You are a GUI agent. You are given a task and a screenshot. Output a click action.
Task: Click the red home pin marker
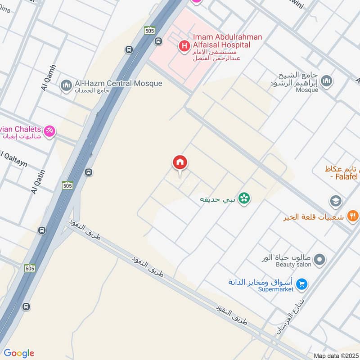(180, 163)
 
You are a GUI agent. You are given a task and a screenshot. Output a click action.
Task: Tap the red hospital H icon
(184, 45)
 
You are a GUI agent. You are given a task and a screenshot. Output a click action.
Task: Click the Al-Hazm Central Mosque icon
(67, 85)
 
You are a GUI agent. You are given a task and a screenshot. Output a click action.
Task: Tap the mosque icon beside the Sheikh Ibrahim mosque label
(327, 81)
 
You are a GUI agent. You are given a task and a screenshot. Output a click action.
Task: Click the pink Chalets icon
(50, 130)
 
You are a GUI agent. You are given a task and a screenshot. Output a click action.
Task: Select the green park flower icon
(244, 198)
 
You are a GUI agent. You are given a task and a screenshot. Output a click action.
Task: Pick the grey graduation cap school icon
(335, 201)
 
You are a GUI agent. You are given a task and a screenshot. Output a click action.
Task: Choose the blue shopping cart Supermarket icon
(302, 284)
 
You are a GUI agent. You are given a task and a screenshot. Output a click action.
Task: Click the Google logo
(19, 353)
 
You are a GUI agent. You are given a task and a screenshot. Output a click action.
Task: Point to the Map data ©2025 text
(335, 355)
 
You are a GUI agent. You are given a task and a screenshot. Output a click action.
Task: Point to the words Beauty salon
(293, 265)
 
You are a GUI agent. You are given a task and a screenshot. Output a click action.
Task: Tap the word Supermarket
(275, 289)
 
